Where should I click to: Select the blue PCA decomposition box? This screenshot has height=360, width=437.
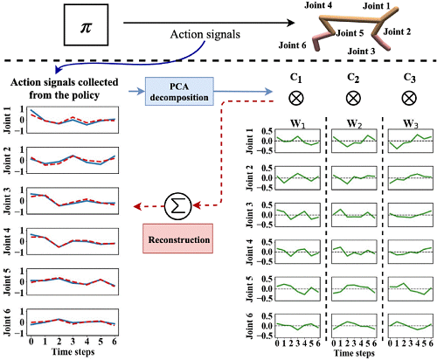click(x=179, y=91)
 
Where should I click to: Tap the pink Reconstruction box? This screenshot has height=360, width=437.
click(x=177, y=239)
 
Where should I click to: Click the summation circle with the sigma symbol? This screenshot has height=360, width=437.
click(x=177, y=206)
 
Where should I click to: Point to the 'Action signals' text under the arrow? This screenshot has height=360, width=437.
click(x=205, y=34)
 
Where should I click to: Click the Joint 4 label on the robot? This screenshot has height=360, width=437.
click(x=318, y=5)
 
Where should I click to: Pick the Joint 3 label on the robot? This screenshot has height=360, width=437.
click(x=361, y=52)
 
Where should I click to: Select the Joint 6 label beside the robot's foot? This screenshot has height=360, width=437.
click(x=292, y=45)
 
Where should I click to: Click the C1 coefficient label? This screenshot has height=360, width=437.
click(x=296, y=78)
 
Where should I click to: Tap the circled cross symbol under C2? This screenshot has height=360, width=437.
click(x=353, y=98)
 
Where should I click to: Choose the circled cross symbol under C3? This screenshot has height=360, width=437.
click(x=409, y=98)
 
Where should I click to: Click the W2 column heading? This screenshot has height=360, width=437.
click(x=354, y=124)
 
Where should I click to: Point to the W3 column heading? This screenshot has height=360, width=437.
click(x=411, y=124)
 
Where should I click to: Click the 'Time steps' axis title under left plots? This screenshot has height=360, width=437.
click(x=73, y=351)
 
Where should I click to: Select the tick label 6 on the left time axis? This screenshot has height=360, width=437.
click(x=114, y=342)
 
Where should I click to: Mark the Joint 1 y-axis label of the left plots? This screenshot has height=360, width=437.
click(x=7, y=120)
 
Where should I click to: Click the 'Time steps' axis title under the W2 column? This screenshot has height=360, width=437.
click(x=354, y=353)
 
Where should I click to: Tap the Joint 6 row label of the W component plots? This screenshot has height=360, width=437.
click(x=250, y=326)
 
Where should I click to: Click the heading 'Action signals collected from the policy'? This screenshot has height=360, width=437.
click(x=65, y=88)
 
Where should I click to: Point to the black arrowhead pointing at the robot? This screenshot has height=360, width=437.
click(x=290, y=23)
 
